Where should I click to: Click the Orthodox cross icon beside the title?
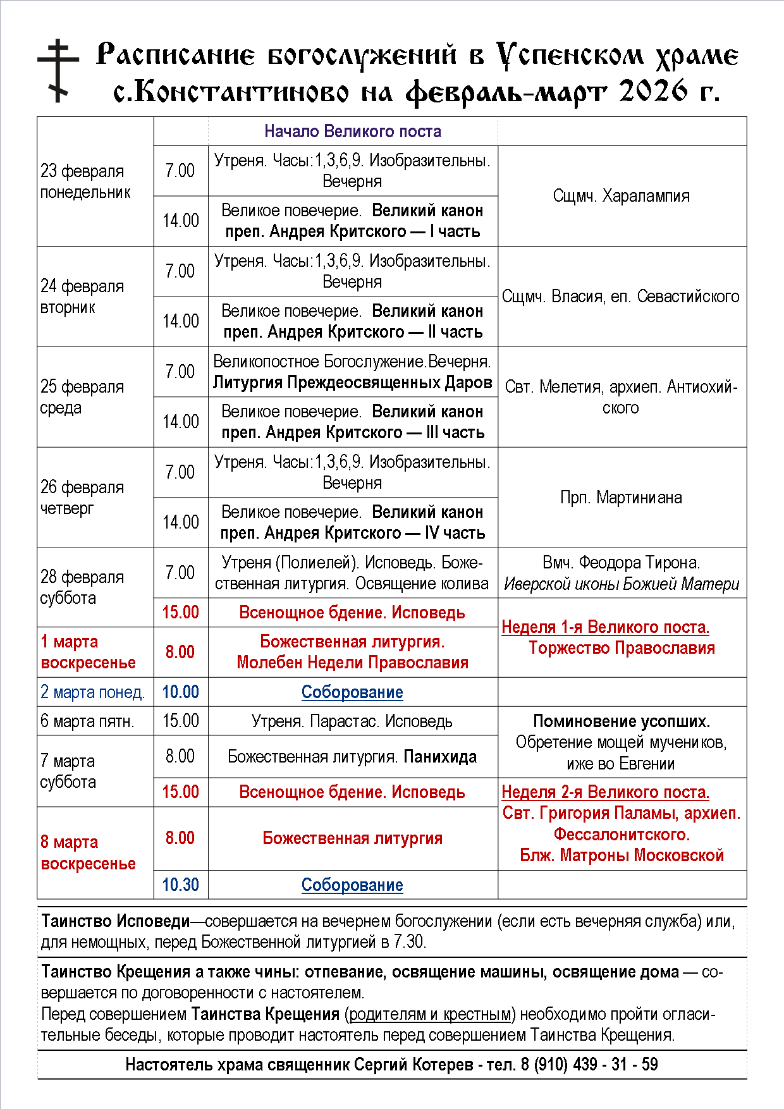pyautogui.click(x=58, y=70)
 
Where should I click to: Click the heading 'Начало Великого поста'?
pyautogui.click(x=352, y=132)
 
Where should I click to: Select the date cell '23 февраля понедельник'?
pyautogui.click(x=85, y=181)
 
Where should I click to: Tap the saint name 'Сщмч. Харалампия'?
pyautogui.click(x=621, y=196)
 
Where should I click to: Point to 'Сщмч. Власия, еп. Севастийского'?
pyautogui.click(x=621, y=297)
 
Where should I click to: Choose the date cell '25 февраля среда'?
pyautogui.click(x=82, y=397)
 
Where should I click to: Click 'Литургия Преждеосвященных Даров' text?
pyautogui.click(x=352, y=383)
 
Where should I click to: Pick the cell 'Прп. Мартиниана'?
pyautogui.click(x=621, y=498)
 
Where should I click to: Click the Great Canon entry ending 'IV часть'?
pyautogui.click(x=352, y=523)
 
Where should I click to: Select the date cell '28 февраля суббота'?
pyautogui.click(x=82, y=587)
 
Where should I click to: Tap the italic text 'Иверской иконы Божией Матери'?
pyautogui.click(x=621, y=584)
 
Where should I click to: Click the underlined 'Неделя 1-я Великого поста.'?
pyautogui.click(x=605, y=627)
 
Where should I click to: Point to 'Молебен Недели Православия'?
pyautogui.click(x=352, y=663)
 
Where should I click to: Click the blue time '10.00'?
pyautogui.click(x=180, y=692)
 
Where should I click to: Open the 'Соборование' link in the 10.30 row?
pyautogui.click(x=352, y=885)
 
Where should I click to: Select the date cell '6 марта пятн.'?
pyautogui.click(x=88, y=721)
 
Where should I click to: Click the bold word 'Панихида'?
pyautogui.click(x=440, y=757)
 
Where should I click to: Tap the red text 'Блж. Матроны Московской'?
pyautogui.click(x=622, y=855)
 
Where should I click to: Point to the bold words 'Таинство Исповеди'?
pyautogui.click(x=116, y=921)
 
